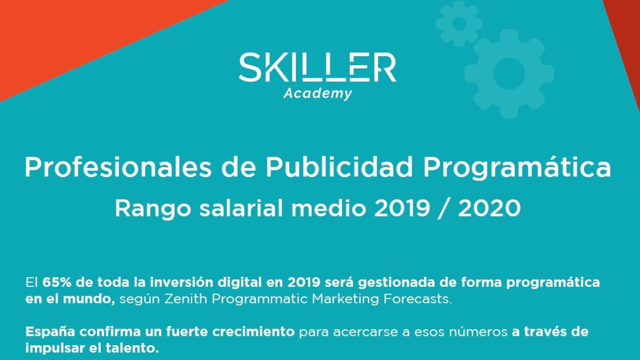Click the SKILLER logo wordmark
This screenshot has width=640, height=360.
click(x=318, y=67)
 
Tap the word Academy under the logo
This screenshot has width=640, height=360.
click(x=318, y=94)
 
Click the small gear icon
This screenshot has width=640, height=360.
click(x=459, y=24)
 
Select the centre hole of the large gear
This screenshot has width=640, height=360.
click(x=509, y=74)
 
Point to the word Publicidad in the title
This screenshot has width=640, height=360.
click(x=339, y=168)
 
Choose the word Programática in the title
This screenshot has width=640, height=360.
click(x=517, y=168)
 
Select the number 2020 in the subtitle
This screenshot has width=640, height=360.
click(x=490, y=208)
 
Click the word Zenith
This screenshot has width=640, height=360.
click(x=186, y=299)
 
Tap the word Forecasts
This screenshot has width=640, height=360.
click(x=418, y=299)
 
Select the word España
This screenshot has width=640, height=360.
click(x=50, y=332)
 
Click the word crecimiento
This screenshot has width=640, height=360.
click(x=254, y=332)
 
